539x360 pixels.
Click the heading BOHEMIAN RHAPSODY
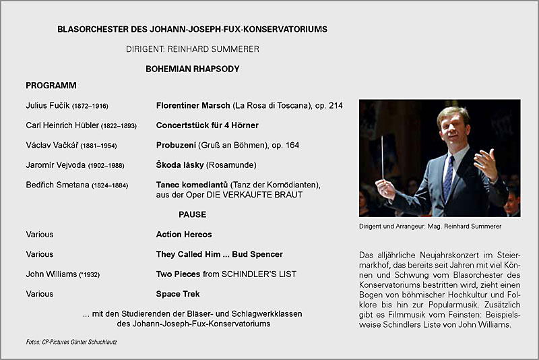pos(192,69)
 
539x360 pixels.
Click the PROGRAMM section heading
pos(51,86)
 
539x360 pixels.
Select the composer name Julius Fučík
pos(47,106)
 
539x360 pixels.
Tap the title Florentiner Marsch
pos(193,106)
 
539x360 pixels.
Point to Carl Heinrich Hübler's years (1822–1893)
pos(119,126)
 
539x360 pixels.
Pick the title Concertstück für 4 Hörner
pos(207,125)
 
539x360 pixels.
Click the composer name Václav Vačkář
pos(52,145)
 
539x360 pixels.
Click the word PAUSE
pos(192,214)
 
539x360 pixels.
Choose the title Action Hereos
pos(184,235)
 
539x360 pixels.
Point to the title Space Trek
pos(178,294)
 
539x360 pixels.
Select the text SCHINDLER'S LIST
pos(259,274)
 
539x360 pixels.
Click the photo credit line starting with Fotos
pos(71,342)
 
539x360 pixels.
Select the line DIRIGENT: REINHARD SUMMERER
pos(192,49)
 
